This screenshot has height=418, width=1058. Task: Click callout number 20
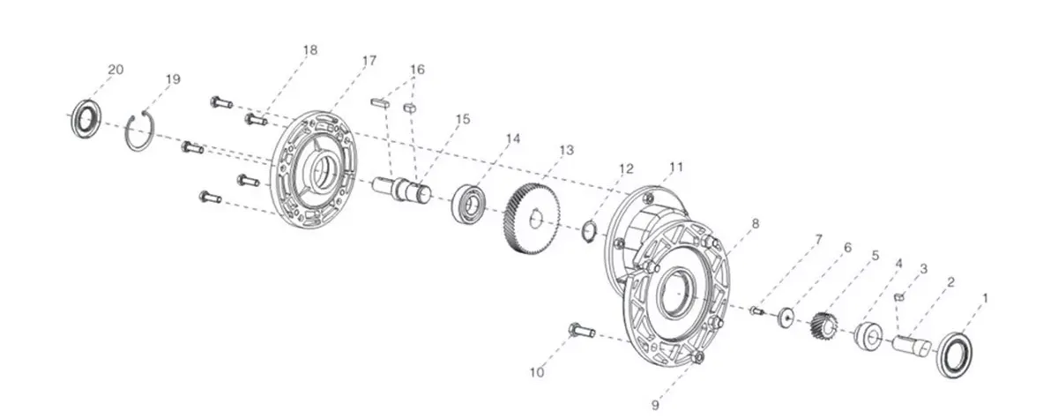115,70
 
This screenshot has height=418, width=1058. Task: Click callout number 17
369,61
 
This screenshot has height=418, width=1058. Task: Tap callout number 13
566,151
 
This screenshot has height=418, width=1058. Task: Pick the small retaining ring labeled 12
591,233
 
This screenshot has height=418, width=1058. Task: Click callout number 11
675,167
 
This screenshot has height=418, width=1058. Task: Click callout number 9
655,405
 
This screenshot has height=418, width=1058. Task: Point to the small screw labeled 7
756,310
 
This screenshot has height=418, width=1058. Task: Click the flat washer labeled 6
785,317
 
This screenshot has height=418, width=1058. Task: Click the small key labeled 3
900,297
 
